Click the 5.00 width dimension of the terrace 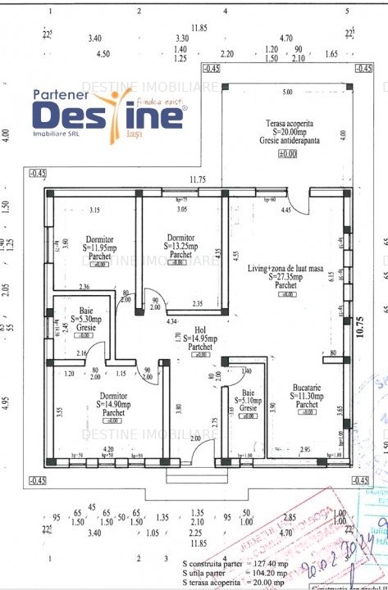(287, 92)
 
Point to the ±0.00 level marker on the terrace (287, 153)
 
